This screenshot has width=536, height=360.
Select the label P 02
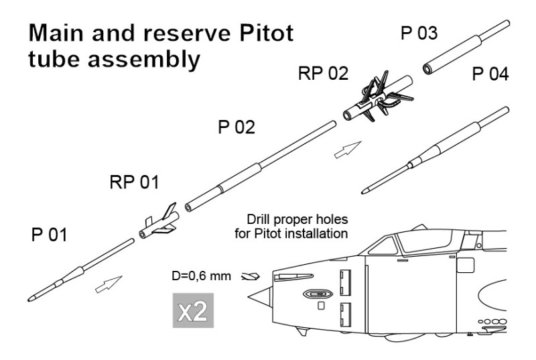pos(237,127)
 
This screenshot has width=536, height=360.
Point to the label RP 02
pos(324,73)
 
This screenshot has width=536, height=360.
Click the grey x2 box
pos(193,311)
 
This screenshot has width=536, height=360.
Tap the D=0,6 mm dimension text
pos(201,276)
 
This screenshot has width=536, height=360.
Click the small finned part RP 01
pos(158,223)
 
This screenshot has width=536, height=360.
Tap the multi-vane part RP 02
pos(371,99)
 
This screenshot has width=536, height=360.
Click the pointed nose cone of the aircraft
pos(263,294)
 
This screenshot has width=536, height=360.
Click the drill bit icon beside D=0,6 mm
pos(249,276)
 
